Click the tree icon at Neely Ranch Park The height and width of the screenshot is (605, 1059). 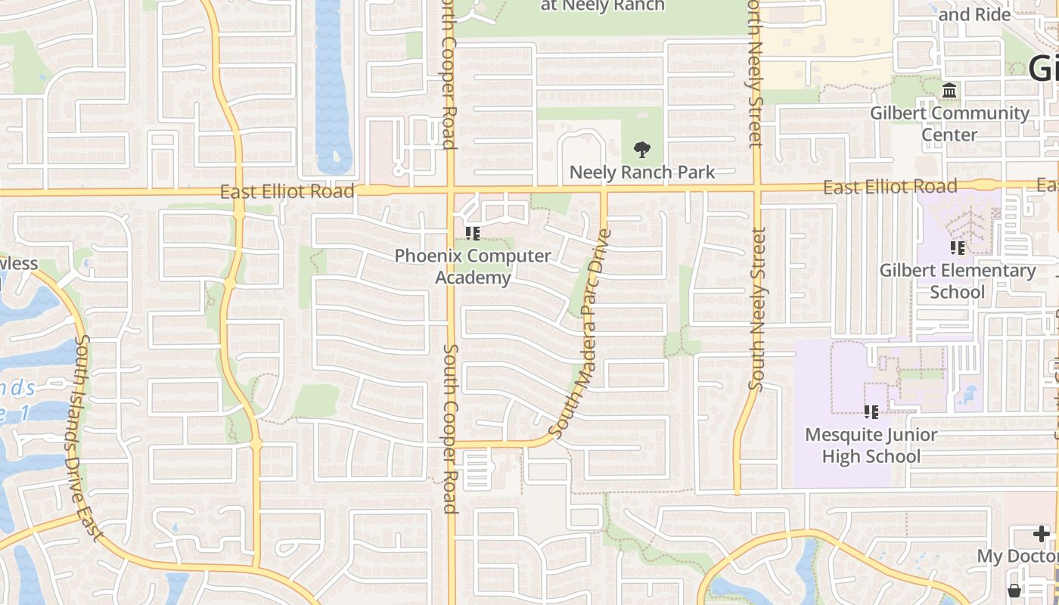[641, 150]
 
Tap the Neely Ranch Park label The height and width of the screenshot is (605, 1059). [641, 172]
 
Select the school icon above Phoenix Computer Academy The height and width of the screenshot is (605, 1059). [473, 234]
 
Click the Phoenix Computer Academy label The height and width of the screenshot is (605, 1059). [473, 267]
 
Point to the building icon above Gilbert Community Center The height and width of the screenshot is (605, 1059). [949, 92]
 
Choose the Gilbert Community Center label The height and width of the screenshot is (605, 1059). [949, 124]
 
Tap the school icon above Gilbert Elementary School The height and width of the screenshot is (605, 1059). [957, 248]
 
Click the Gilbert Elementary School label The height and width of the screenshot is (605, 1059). [957, 281]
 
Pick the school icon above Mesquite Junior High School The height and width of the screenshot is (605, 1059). [871, 412]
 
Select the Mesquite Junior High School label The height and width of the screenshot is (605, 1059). [871, 445]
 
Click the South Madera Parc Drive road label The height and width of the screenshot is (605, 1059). [581, 335]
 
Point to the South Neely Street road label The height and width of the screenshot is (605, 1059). [757, 309]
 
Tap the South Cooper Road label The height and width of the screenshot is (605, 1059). [451, 429]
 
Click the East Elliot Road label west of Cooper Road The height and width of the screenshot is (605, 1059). [287, 191]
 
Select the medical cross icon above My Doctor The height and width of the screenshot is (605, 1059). [1042, 535]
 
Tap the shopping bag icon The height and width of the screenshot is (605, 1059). [1014, 590]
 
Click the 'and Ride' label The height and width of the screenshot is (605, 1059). [974, 14]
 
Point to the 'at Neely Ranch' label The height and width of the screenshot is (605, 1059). [603, 6]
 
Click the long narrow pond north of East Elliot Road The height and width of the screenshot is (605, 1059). [332, 83]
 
